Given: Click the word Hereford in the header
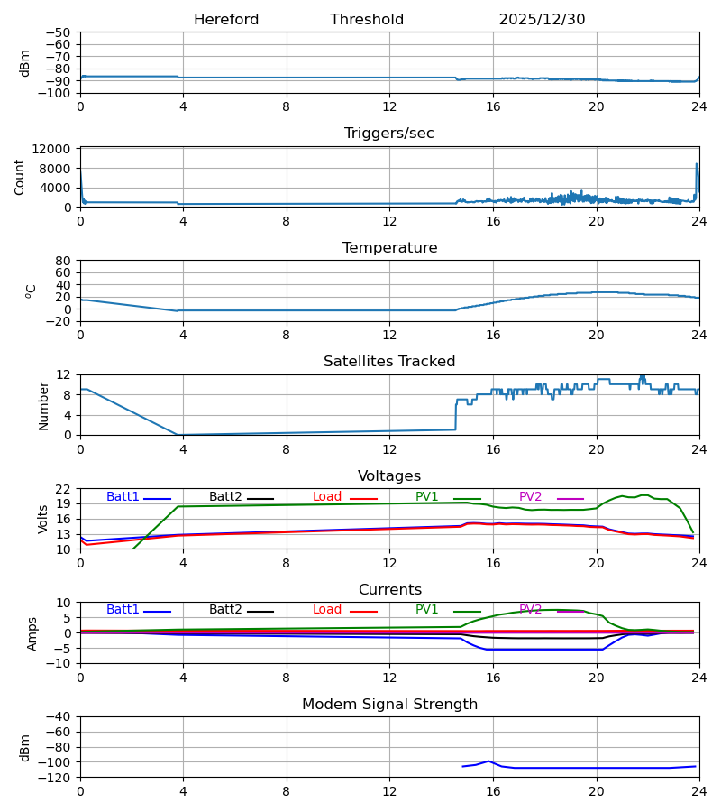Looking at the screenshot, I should coord(226,20).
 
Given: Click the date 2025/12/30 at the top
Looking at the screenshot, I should coord(542,20).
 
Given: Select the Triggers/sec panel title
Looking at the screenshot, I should coord(389,134).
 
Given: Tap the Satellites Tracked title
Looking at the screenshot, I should coord(389,362).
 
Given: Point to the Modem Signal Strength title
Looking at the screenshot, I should coord(389,705).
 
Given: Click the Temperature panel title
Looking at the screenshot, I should coord(389,248).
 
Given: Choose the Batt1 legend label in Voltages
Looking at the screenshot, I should coord(123,497).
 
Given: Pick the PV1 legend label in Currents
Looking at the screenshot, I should coord(427,610).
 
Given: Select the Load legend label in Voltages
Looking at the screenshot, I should coord(328,497).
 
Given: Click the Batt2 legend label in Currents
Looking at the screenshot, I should coord(225,610).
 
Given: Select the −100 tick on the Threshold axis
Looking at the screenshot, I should coord(57,93).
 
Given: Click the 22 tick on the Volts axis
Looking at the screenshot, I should coord(64,489).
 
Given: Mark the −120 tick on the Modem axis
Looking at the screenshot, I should coord(57,778).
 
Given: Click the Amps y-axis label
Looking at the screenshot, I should coord(32,633).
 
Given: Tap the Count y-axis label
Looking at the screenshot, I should coord(20,177).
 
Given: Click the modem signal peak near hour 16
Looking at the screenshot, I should coord(488,761).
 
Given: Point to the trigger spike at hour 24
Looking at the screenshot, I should coord(696,164).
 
